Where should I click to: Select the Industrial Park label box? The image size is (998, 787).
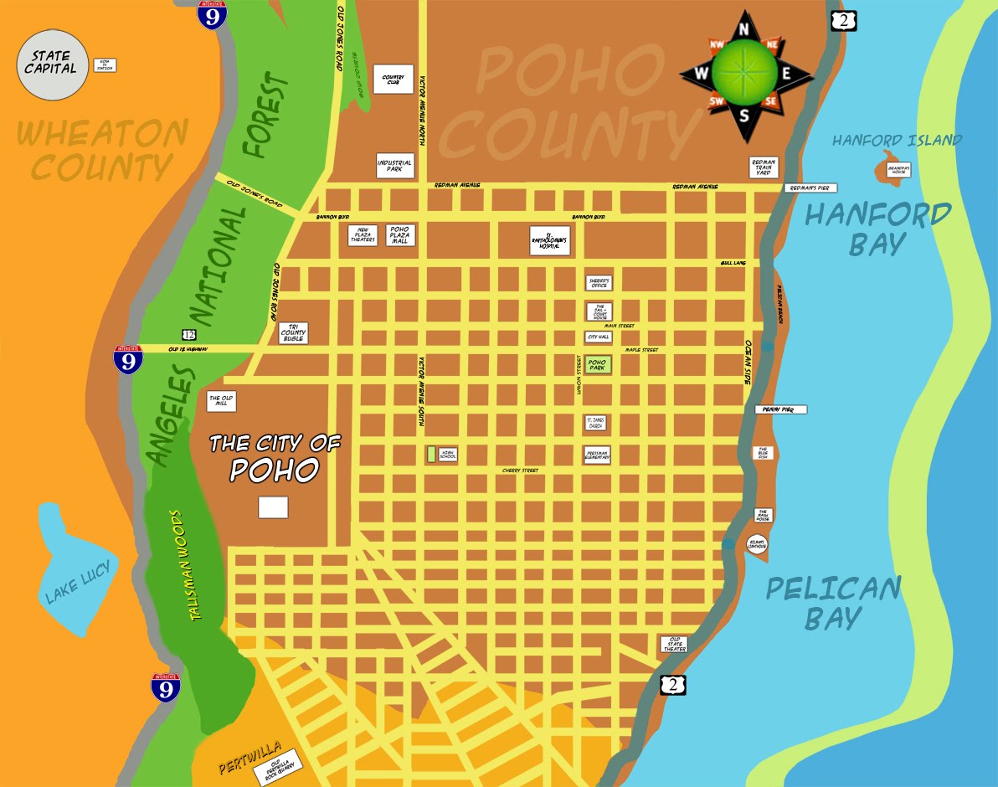click(395, 165)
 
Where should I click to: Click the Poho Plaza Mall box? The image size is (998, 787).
click(399, 234)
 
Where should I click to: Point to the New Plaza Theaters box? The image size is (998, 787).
click(363, 234)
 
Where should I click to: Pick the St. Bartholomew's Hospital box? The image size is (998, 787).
click(548, 241)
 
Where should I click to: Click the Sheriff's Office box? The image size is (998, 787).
click(598, 283)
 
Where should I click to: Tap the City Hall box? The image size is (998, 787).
click(598, 337)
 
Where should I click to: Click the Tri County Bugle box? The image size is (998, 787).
click(293, 333)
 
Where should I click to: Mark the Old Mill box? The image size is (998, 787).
click(221, 401)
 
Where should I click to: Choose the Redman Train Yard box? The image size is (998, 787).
click(764, 167)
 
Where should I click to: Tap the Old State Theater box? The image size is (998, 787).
click(674, 644)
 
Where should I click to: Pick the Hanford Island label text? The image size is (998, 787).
click(897, 141)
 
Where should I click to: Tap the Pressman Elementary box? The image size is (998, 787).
click(597, 455)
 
